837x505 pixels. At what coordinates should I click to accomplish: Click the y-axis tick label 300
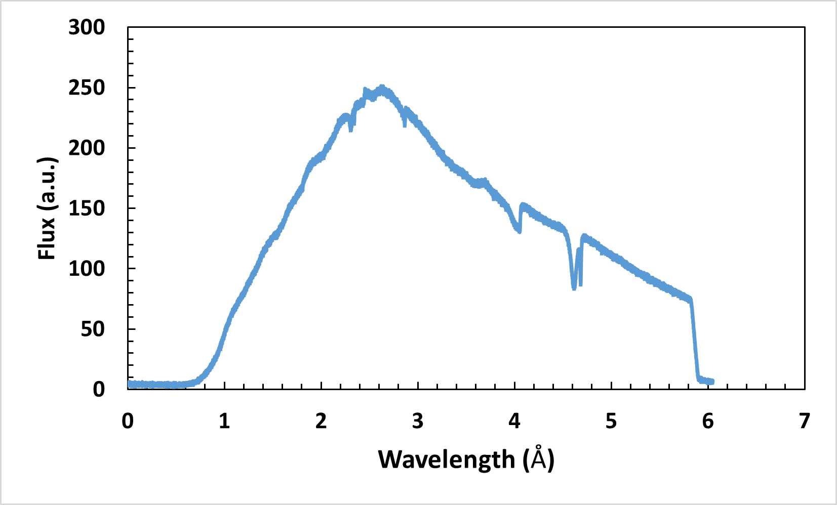[x=87, y=27]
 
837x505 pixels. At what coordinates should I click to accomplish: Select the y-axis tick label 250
[x=87, y=88]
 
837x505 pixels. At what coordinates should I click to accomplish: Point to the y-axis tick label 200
[x=87, y=148]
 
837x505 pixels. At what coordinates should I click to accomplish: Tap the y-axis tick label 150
[x=87, y=208]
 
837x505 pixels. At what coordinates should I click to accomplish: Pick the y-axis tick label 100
[x=87, y=268]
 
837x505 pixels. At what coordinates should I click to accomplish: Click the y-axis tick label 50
[x=93, y=329]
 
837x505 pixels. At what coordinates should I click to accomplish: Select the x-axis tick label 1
[x=224, y=421]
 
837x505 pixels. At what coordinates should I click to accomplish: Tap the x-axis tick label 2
[x=321, y=421]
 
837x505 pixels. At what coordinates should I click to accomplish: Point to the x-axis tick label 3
[x=418, y=421]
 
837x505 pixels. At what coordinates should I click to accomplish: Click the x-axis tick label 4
[x=514, y=421]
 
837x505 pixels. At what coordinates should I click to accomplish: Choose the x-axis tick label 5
[x=611, y=421]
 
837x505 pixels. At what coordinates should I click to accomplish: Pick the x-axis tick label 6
[x=708, y=421]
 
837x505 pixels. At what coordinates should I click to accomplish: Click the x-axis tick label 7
[x=805, y=421]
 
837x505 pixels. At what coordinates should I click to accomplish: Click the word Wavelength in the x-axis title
[x=446, y=459]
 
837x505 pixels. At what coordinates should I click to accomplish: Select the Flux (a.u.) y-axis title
[x=47, y=208]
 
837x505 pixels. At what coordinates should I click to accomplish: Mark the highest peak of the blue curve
[x=382, y=88]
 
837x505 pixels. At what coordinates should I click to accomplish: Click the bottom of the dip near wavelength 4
[x=519, y=231]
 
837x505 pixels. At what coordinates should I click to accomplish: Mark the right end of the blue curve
[x=712, y=382]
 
